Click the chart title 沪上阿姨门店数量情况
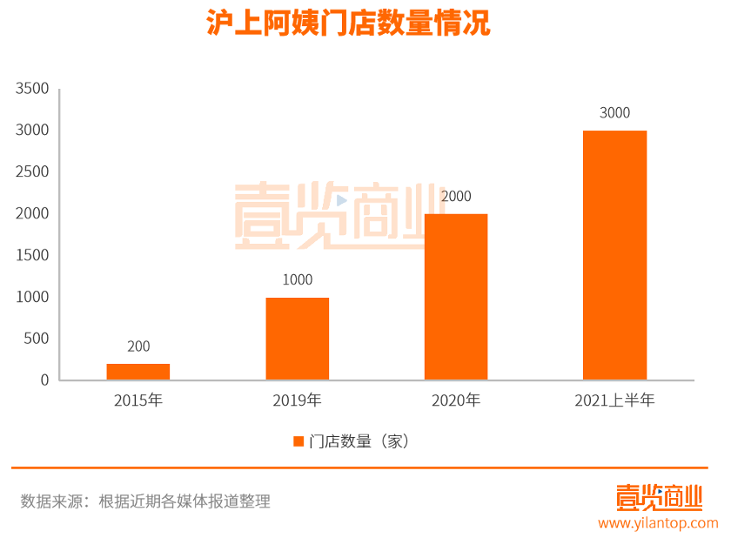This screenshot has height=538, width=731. point(348,24)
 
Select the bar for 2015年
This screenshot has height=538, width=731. point(138,372)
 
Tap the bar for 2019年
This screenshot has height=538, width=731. point(298,339)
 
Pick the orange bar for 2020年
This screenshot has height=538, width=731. point(456,297)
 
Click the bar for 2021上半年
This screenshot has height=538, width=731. point(614,255)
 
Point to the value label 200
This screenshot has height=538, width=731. point(138,346)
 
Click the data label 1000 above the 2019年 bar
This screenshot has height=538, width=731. point(298,280)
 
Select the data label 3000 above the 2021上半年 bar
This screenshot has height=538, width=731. point(614,113)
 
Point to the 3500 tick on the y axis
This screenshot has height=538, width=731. point(32,89)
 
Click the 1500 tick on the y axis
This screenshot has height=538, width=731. point(32,255)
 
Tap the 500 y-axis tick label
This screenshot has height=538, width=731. point(37,339)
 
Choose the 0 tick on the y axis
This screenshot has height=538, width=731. point(44,380)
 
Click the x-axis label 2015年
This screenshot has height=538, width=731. point(138,401)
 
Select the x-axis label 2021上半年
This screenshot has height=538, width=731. point(614,401)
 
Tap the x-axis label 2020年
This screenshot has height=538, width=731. point(456,401)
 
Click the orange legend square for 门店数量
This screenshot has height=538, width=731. point(298,441)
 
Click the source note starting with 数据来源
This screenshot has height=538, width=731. point(145,501)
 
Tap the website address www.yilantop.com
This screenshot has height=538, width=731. point(658,523)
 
